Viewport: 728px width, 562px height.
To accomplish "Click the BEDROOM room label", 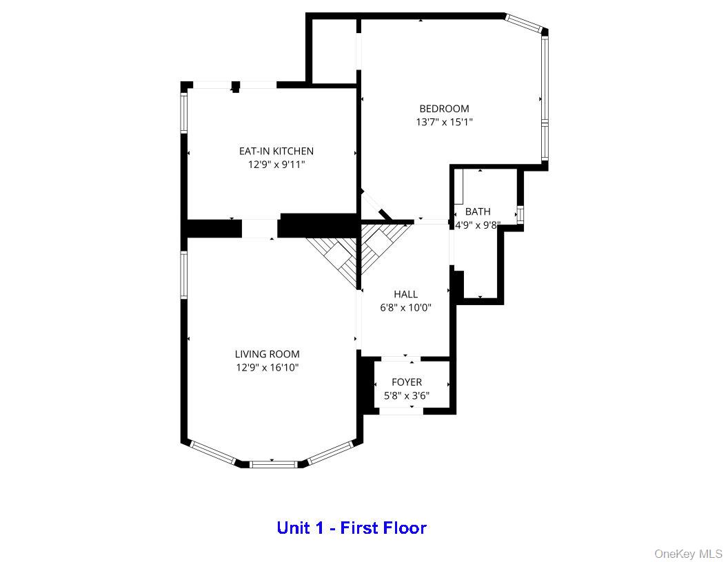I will coord(444,108).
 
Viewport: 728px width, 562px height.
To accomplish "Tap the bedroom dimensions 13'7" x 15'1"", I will coord(444,122).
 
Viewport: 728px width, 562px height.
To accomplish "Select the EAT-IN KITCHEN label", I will coord(276,151).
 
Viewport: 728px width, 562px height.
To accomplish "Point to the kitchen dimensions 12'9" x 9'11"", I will coord(276,165).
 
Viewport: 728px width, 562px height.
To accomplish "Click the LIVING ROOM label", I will coord(267,354).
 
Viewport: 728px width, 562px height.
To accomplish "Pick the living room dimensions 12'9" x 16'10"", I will coord(267,368).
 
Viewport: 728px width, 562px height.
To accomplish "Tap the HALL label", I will coord(405,294).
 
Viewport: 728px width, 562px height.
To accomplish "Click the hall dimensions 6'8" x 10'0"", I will coord(405,308).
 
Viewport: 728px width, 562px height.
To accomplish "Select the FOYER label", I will coord(407,382).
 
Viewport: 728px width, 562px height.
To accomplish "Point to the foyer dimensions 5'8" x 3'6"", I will coord(407,396).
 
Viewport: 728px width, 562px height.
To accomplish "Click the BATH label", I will coord(478,211).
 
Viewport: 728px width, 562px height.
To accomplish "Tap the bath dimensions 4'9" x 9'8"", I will coord(478,225).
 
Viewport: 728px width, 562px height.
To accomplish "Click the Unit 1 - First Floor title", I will coord(352,528).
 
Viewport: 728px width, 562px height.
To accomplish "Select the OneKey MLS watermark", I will coord(688,554).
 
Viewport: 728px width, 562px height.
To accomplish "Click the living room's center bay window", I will coord(273,464).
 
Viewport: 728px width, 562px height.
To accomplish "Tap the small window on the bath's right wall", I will coord(520,215).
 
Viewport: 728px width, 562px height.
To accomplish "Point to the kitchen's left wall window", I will coord(184,112).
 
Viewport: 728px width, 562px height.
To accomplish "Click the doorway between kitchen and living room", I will coord(260,229).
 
